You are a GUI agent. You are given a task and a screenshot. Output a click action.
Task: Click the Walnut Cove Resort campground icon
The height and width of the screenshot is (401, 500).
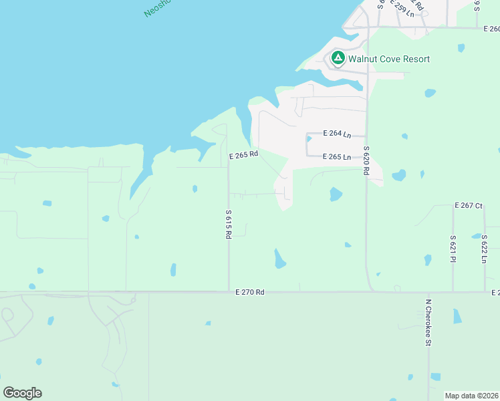tap(338, 59)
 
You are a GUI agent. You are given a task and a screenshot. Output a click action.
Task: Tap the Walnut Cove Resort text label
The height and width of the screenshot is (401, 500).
tap(389, 59)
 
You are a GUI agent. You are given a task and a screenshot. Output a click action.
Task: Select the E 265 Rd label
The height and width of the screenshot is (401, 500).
tap(243, 155)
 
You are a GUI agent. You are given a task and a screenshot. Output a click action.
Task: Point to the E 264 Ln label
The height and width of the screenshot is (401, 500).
tap(337, 134)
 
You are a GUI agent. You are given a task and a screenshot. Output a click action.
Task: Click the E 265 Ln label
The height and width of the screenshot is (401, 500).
tap(337, 156)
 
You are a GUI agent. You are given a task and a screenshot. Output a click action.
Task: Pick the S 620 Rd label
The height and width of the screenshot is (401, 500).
tap(366, 160)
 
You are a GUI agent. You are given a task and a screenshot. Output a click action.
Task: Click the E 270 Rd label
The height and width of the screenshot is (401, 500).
tap(250, 292)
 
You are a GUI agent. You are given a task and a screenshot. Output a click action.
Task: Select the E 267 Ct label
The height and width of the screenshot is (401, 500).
tap(468, 205)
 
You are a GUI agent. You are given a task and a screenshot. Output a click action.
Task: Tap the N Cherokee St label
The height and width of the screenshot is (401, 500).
tap(428, 322)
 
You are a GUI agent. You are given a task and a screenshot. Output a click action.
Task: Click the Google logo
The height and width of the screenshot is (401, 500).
tap(22, 393)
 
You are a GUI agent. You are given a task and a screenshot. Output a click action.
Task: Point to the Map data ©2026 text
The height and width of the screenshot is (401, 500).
tap(472, 396)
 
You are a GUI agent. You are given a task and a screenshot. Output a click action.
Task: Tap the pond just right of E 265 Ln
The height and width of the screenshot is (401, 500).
tap(398, 176)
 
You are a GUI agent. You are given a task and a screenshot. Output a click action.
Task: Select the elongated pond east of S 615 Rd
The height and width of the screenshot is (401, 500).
tap(279, 259)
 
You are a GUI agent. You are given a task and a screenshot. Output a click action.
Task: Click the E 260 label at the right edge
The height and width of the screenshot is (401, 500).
tap(491, 29)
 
